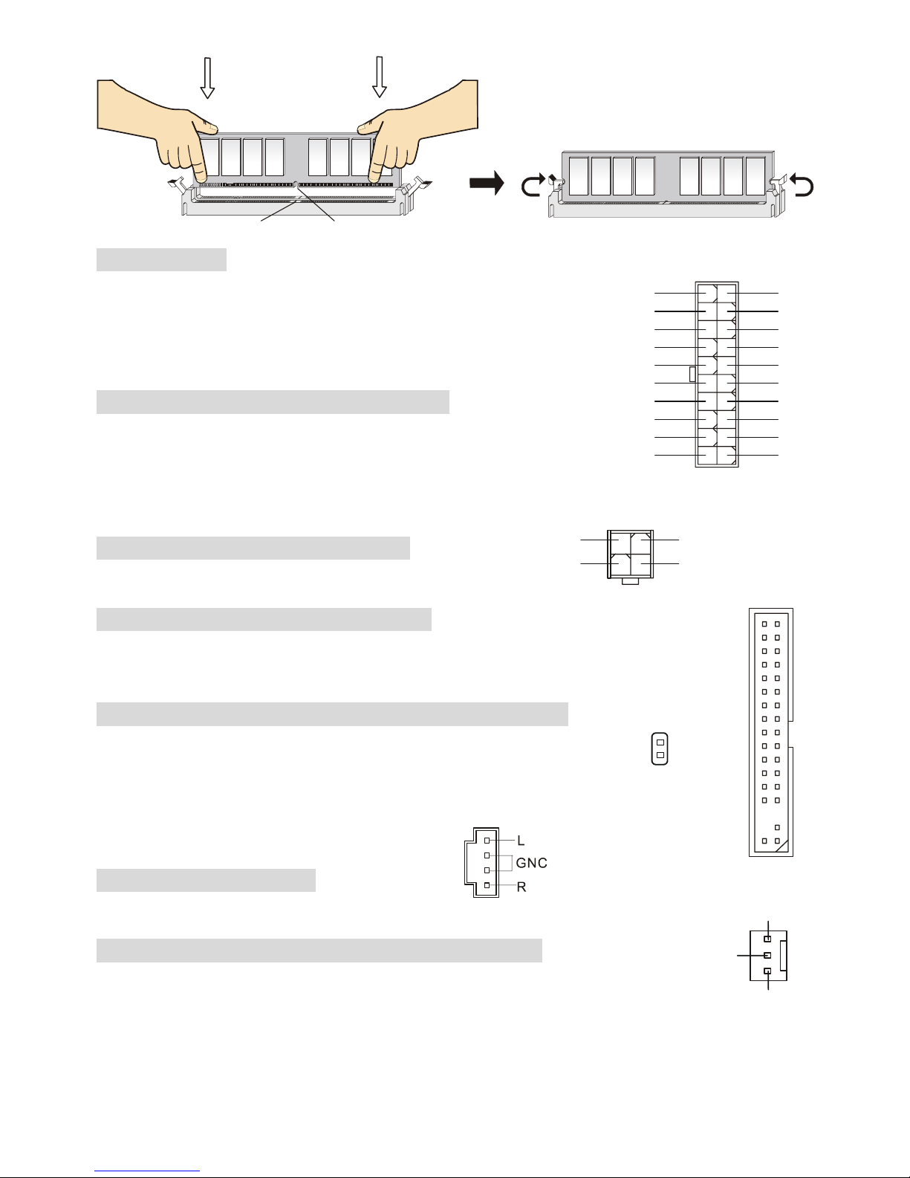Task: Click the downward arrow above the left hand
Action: [207, 78]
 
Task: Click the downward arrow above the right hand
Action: [379, 77]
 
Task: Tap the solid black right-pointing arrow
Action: [487, 183]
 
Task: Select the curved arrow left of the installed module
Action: [533, 184]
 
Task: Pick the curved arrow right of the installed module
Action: [802, 184]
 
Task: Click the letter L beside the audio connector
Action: [521, 841]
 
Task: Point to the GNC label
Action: [531, 862]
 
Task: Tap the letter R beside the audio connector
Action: [521, 887]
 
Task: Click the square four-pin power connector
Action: [630, 554]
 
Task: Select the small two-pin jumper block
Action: [660, 748]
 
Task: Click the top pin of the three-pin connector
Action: [767, 939]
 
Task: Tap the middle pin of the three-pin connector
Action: [767, 955]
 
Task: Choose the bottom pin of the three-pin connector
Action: [767, 971]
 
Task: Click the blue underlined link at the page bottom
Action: [147, 1171]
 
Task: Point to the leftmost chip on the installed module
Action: [579, 176]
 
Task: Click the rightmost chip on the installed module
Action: [755, 176]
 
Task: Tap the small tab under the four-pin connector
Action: [630, 581]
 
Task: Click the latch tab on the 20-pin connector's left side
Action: [692, 374]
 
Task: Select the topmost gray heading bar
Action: [161, 259]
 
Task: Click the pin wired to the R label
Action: [487, 885]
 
